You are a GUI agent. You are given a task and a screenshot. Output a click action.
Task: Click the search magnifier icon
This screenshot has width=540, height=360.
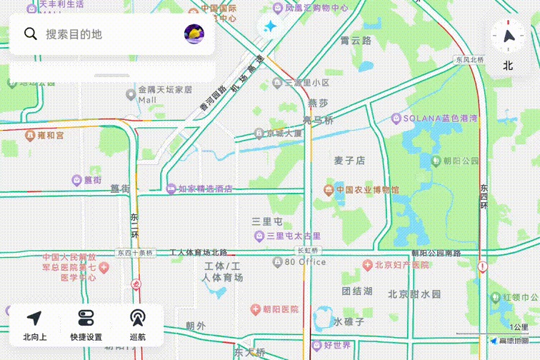[30, 34]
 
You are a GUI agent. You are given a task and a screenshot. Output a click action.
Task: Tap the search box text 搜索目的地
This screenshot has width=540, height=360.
[74, 34]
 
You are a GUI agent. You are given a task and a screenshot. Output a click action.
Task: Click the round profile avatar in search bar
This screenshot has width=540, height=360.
[194, 33]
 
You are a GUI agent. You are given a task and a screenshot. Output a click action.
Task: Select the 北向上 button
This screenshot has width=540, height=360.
[34, 326]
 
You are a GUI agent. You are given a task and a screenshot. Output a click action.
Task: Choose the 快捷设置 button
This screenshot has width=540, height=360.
[86, 326]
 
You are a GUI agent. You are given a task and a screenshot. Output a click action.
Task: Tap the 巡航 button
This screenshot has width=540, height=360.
[137, 326]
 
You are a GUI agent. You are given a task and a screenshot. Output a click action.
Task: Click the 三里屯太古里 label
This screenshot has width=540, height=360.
[293, 236]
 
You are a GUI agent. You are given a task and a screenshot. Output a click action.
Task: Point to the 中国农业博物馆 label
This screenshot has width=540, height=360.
[367, 189]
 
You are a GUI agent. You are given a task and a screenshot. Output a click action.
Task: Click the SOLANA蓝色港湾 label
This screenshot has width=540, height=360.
[440, 118]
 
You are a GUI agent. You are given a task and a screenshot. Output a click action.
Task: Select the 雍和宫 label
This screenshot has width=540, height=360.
[50, 135]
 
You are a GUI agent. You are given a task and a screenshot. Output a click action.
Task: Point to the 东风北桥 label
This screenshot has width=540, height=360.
[470, 60]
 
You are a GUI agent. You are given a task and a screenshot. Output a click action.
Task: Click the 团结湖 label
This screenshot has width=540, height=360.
[357, 291]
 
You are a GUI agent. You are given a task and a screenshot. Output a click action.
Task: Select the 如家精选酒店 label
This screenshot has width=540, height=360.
[205, 189]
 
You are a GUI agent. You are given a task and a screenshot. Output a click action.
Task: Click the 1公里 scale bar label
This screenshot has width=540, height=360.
[519, 327]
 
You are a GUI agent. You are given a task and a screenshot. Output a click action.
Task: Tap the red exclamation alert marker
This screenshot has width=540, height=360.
[483, 267]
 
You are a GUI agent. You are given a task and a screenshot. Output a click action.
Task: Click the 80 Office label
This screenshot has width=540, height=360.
[305, 262]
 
